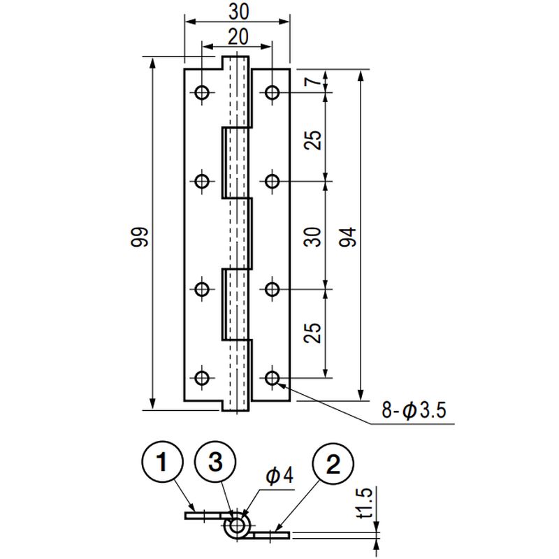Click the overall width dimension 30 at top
tap(238, 12)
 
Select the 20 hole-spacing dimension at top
tap(238, 37)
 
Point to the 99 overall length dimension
tap(139, 237)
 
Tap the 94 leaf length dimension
tap(348, 237)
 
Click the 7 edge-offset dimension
tap(313, 82)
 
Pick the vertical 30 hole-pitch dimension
tap(312, 237)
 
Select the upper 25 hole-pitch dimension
tap(312, 140)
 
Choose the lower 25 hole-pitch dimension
tap(312, 333)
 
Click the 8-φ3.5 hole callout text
tap(414, 410)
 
